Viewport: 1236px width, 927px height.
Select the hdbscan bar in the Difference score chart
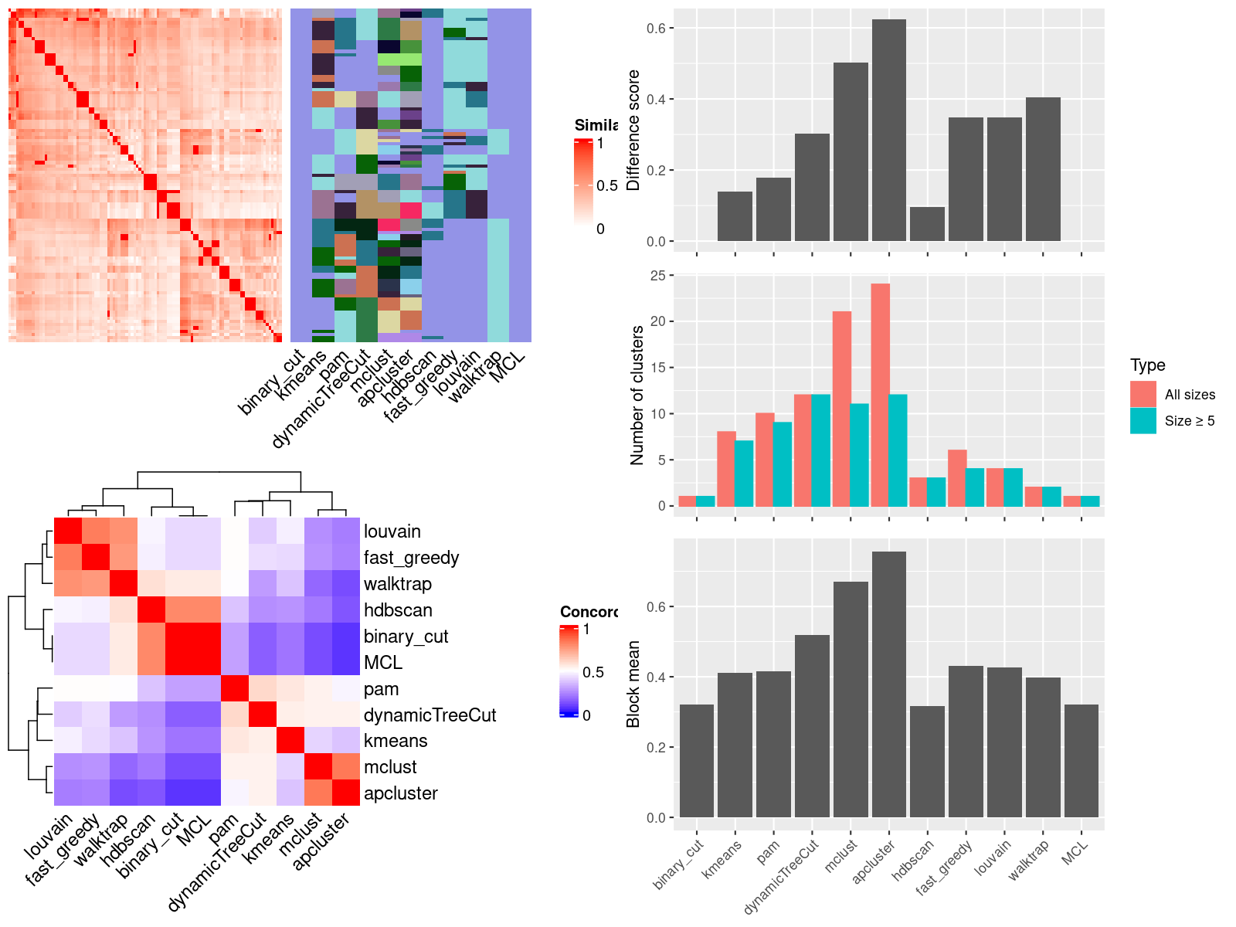927,224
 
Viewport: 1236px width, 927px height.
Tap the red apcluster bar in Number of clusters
880,395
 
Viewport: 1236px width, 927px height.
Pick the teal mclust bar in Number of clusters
860,455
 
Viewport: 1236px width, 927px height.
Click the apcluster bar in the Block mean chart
889,684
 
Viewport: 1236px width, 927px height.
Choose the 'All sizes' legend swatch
1143,394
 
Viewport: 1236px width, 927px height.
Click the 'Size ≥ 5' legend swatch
1143,421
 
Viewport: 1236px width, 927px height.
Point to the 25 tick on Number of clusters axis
657,275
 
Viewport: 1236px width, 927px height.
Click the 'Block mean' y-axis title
633,684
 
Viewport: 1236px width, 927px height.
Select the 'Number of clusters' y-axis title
637,395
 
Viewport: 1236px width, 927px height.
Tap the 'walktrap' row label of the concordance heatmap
398,584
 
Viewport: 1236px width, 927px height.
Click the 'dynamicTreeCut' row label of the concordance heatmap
430,715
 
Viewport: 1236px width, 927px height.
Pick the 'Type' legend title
1147,365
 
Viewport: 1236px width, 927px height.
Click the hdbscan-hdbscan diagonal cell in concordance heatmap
151,610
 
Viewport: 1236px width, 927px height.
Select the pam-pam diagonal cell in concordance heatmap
234,689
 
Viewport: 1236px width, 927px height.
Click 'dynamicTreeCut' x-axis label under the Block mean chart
782,876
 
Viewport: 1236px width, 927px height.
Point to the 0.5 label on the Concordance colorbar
593,672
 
